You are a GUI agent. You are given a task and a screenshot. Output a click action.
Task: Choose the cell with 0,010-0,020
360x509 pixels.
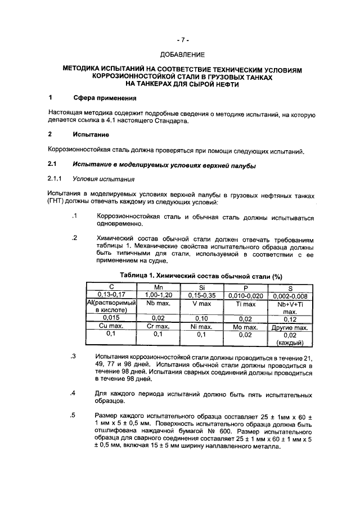(246, 295)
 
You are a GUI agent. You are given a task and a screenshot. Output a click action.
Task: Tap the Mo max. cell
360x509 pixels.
(246, 326)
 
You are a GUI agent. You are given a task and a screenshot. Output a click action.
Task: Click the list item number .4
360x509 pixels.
(73, 393)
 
